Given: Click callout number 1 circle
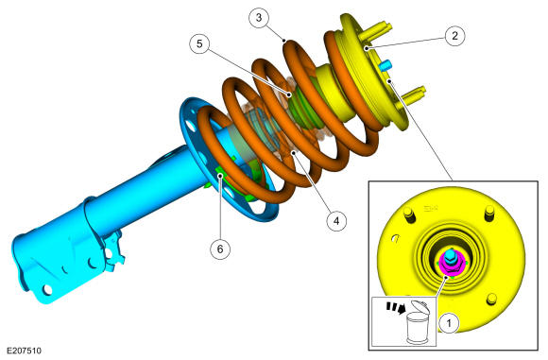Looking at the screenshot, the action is pos(449,323).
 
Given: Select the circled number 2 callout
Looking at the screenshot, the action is pos(454,36).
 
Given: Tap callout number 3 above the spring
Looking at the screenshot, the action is pos(259,17).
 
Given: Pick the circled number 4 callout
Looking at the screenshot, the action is pos(336,221).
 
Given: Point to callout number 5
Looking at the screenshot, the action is pos(199,44).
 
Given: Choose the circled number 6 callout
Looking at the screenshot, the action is pos(220,249).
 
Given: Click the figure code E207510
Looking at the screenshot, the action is pos(24,351).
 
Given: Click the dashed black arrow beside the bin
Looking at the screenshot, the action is pos(396,308).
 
